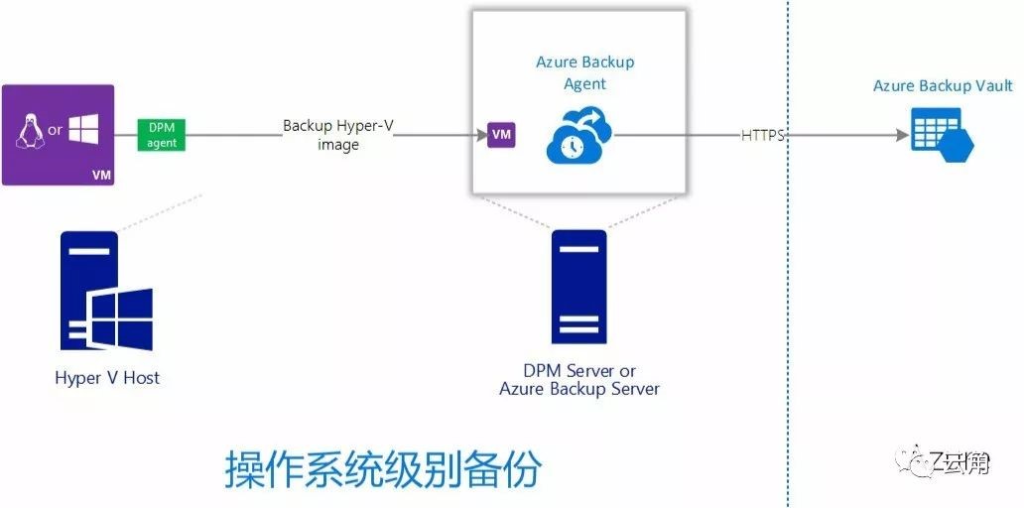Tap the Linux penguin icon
pyautogui.click(x=30, y=130)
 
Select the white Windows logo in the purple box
pyautogui.click(x=83, y=130)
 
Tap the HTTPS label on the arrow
pyautogui.click(x=762, y=135)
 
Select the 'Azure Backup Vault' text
pyautogui.click(x=943, y=86)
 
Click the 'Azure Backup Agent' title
pyautogui.click(x=584, y=72)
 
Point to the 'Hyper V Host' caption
pyautogui.click(x=107, y=378)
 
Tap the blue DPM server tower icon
pyautogui.click(x=578, y=287)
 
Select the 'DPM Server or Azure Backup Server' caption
pyautogui.click(x=578, y=380)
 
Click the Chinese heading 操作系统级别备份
pyautogui.click(x=383, y=469)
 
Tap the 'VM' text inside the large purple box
pyautogui.click(x=100, y=175)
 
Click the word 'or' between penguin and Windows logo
pyautogui.click(x=56, y=131)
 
